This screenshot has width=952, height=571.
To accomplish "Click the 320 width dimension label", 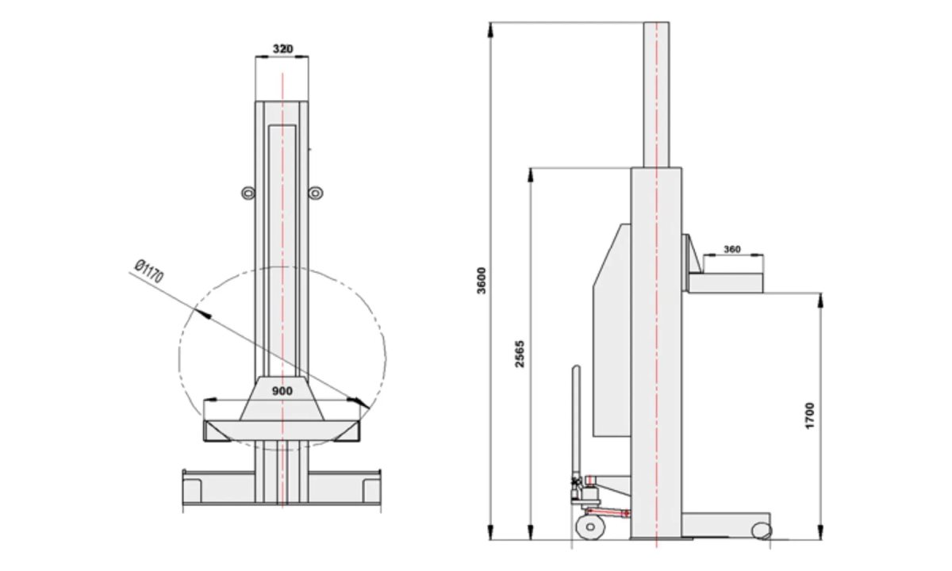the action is (x=282, y=49).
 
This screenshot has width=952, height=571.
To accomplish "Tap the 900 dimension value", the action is (x=282, y=391).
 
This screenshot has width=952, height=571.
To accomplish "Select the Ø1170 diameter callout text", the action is (x=149, y=271).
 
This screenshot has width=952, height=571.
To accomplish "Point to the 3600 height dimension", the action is (x=482, y=281).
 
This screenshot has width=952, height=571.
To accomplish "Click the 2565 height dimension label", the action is (x=520, y=354).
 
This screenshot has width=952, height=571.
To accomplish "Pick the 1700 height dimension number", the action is (x=810, y=416).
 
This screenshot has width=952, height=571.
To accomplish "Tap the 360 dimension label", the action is (x=732, y=249).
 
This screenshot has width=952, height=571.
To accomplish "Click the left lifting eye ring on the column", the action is (x=248, y=194).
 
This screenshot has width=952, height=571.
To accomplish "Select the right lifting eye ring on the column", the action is (x=316, y=194).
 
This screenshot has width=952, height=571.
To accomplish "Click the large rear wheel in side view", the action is (x=590, y=527).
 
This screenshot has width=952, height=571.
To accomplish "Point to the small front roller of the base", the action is (x=761, y=531).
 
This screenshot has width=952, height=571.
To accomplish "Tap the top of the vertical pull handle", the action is (x=576, y=368).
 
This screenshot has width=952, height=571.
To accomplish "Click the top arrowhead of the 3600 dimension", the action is (x=491, y=30).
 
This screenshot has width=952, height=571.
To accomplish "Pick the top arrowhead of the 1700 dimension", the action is (x=820, y=301).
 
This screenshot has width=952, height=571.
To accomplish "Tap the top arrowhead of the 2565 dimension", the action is (x=531, y=175).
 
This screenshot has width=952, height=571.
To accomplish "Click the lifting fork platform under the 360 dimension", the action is (x=726, y=283).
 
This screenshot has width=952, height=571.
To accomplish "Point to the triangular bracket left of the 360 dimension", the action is (x=692, y=254).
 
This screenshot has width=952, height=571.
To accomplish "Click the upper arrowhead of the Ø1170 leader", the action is (x=202, y=312).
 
